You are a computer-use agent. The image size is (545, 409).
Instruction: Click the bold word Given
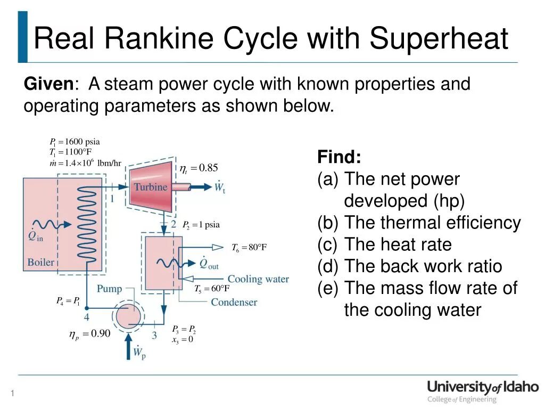pos(49,84)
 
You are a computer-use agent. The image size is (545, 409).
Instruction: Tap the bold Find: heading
pos(339,157)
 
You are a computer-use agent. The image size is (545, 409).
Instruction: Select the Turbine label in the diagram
pos(150,187)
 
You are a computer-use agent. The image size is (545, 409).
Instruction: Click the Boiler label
pos(41,262)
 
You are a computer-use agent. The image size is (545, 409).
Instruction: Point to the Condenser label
pos(234,302)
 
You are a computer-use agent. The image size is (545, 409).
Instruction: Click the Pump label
pos(109,289)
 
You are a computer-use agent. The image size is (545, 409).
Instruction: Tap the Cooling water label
pos(258,279)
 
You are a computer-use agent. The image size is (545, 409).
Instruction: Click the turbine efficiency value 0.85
pos(209,168)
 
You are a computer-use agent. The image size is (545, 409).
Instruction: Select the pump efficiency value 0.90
pos(100,334)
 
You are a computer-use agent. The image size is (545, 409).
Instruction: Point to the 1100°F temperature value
pos(79,152)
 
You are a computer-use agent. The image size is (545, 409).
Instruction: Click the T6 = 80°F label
pos(249,248)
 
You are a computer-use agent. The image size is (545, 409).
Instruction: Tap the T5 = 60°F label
pos(212,289)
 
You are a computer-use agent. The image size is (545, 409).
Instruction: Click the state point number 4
pos(87,318)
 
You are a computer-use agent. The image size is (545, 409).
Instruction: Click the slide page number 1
pos(12,394)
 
